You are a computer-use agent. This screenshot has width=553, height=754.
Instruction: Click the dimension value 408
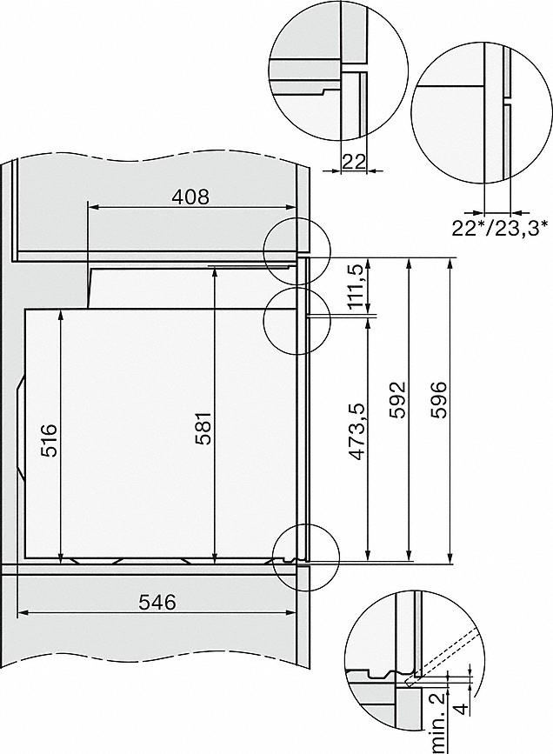pyautogui.click(x=190, y=197)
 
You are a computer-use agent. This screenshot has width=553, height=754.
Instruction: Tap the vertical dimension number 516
pyautogui.click(x=49, y=440)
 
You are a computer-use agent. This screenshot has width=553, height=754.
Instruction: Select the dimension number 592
pyautogui.click(x=396, y=401)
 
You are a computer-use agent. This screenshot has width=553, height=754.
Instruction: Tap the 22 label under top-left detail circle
pyautogui.click(x=353, y=159)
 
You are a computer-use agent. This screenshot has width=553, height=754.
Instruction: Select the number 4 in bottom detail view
pyautogui.click(x=463, y=705)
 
